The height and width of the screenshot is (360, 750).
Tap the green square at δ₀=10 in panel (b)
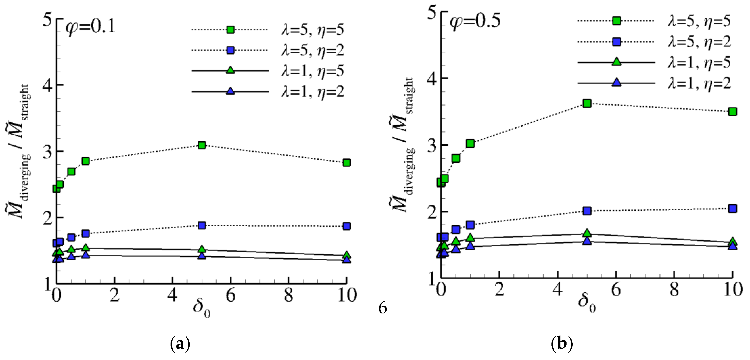pos(733,112)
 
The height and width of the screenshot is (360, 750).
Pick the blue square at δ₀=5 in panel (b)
pos(587,211)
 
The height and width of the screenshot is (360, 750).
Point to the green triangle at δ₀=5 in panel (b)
pos(587,233)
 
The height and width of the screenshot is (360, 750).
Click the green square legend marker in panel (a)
pos(230,30)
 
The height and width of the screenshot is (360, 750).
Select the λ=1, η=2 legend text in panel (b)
pos(699,84)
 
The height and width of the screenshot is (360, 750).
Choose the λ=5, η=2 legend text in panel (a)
pos(312,50)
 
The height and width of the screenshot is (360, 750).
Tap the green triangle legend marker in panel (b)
pos(616,62)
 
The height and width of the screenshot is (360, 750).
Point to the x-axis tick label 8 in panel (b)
pos(674,290)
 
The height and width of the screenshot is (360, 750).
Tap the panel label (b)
pos(562,344)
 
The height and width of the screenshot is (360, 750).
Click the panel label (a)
pos(180,344)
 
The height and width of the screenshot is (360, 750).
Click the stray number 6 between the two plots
pos(383,308)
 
